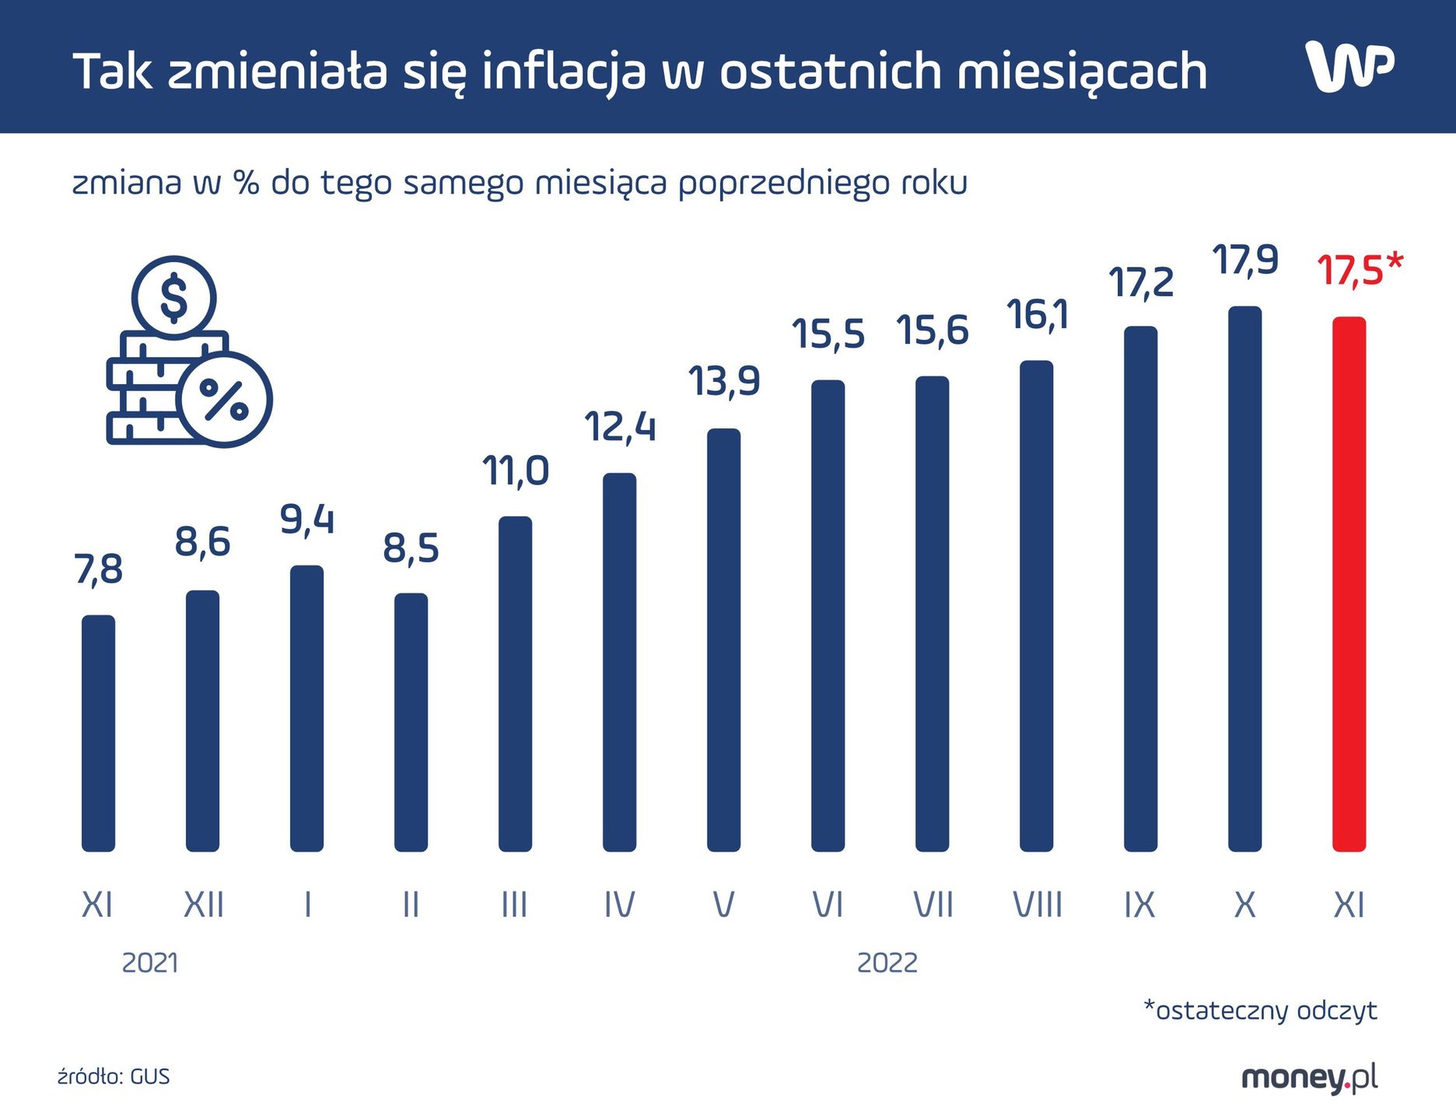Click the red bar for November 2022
point(1349,583)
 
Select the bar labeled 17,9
point(1244,579)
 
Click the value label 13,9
point(723,382)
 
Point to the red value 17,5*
point(1359,271)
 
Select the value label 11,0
point(515,471)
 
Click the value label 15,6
point(932,331)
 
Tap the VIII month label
point(1037,905)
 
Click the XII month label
point(203,905)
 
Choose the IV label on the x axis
point(619,905)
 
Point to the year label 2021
point(150,963)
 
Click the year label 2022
point(887,963)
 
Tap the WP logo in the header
point(1349,67)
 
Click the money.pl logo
point(1309,1077)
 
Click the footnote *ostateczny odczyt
point(1260,1010)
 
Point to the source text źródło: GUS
point(114,1076)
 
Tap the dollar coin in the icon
point(173,297)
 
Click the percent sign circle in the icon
point(224,400)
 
